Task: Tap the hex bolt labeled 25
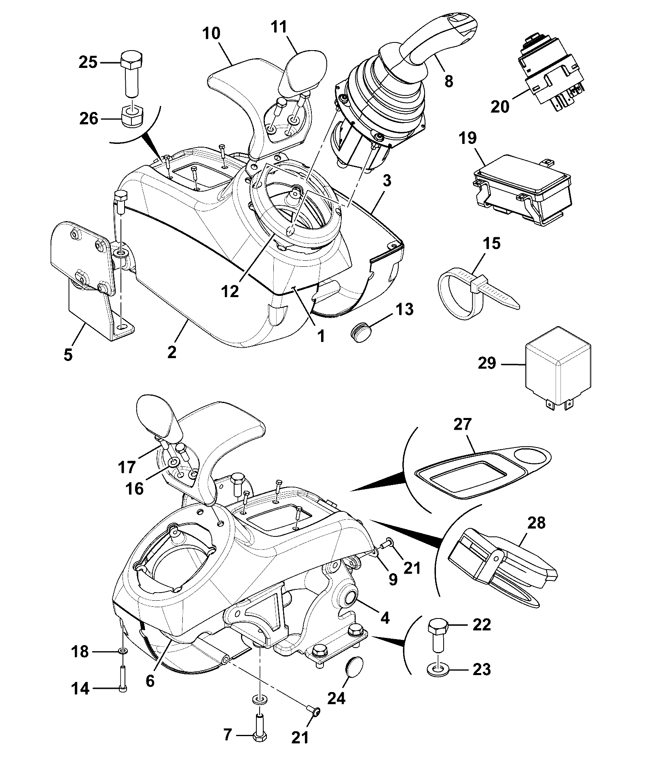click(x=131, y=73)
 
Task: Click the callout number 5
click(x=68, y=355)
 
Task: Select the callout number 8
click(x=448, y=81)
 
